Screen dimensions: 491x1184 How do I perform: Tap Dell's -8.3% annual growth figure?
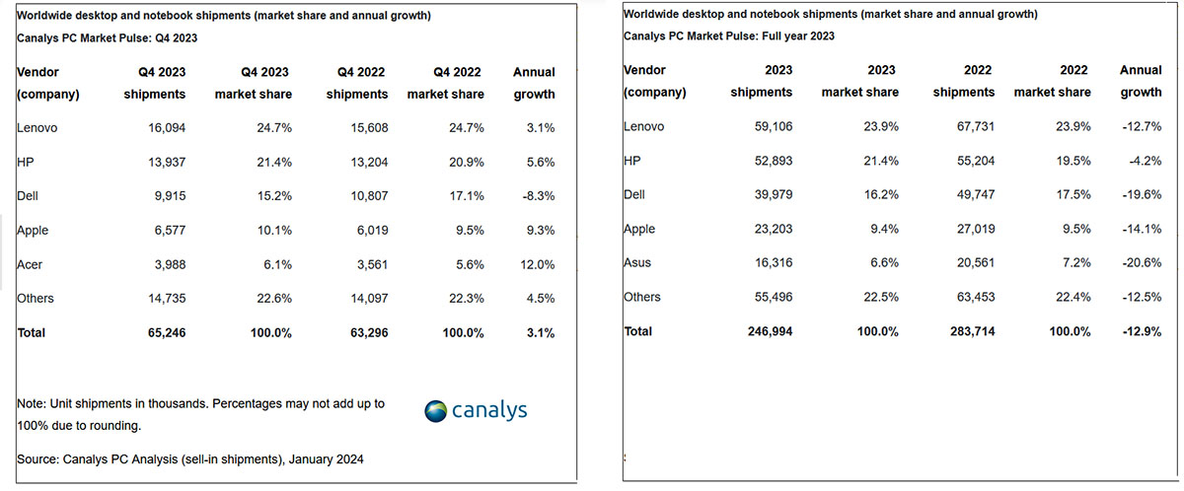534,196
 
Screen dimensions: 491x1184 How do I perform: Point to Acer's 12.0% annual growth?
534,264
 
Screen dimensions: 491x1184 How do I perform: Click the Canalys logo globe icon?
436,411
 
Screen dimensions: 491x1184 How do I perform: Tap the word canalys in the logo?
489,410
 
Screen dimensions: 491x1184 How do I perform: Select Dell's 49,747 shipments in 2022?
974,195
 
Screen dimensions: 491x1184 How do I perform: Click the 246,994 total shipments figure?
767,331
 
